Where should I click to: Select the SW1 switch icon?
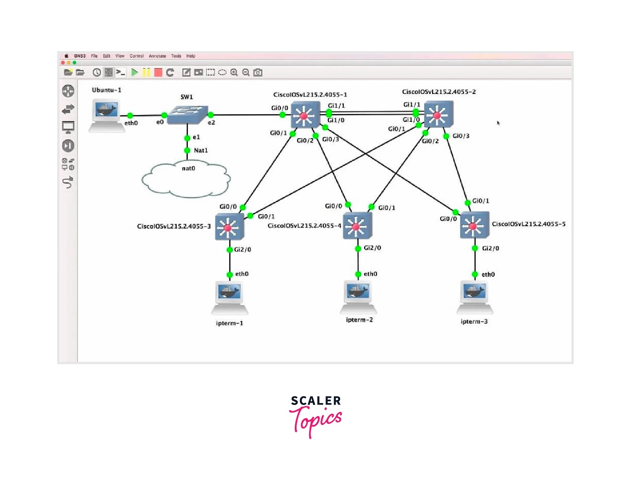pyautogui.click(x=187, y=114)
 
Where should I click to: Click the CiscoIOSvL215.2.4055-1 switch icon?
pyautogui.click(x=305, y=115)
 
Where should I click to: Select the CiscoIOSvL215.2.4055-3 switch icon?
pyautogui.click(x=229, y=226)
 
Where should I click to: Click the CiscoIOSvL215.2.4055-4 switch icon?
pyautogui.click(x=357, y=225)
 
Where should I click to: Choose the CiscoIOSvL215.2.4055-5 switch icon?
pyautogui.click(x=474, y=225)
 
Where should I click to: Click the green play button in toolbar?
pyautogui.click(x=135, y=72)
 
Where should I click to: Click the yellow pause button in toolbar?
pyautogui.click(x=146, y=72)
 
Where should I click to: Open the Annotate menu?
pyautogui.click(x=157, y=56)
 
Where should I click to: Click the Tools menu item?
pyautogui.click(x=176, y=56)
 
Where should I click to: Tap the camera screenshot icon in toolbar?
pyautogui.click(x=258, y=72)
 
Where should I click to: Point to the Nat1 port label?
pyautogui.click(x=200, y=150)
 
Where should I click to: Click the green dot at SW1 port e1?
pyautogui.click(x=187, y=138)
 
